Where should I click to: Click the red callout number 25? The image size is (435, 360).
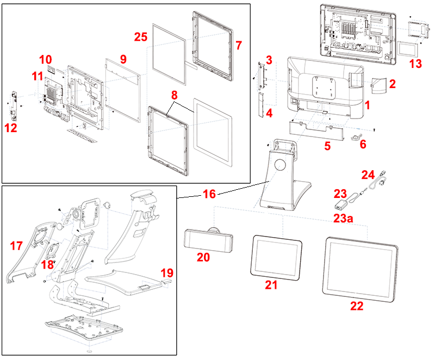point(140,37)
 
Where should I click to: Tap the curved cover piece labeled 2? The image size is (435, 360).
point(378,84)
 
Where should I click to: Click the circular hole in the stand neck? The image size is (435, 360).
point(281,165)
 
